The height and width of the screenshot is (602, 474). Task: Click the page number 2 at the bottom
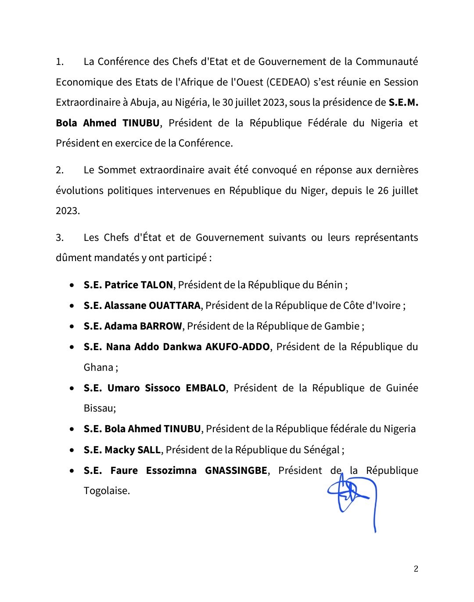click(x=416, y=569)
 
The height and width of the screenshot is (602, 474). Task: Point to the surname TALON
click(x=156, y=285)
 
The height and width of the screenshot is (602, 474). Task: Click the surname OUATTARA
click(x=175, y=306)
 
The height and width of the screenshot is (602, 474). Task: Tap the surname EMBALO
click(x=206, y=388)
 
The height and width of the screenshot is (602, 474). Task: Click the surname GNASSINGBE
click(x=236, y=471)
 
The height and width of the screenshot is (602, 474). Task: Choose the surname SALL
click(x=149, y=450)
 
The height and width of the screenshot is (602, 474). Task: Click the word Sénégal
click(x=321, y=450)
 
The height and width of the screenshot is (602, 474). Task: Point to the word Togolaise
click(x=107, y=491)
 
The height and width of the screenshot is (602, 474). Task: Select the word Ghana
click(x=98, y=368)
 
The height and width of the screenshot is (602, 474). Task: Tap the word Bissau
click(x=100, y=408)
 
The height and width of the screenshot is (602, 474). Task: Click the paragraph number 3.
click(x=59, y=238)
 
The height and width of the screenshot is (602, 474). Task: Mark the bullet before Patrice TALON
click(x=72, y=285)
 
